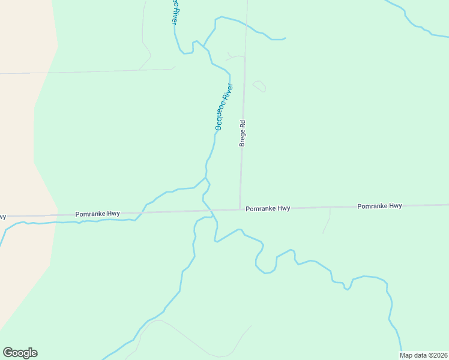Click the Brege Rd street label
(x=243, y=133)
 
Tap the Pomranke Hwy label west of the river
(x=97, y=214)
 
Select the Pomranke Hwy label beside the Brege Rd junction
(x=268, y=208)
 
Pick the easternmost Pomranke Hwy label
(x=379, y=206)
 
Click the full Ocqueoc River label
(x=223, y=107)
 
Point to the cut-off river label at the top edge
(x=174, y=11)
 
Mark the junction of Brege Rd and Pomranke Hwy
(x=240, y=209)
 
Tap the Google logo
(x=20, y=353)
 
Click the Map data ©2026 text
(x=423, y=355)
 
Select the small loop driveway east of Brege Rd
(x=259, y=86)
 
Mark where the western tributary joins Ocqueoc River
(x=205, y=178)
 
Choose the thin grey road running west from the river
(x=90, y=71)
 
